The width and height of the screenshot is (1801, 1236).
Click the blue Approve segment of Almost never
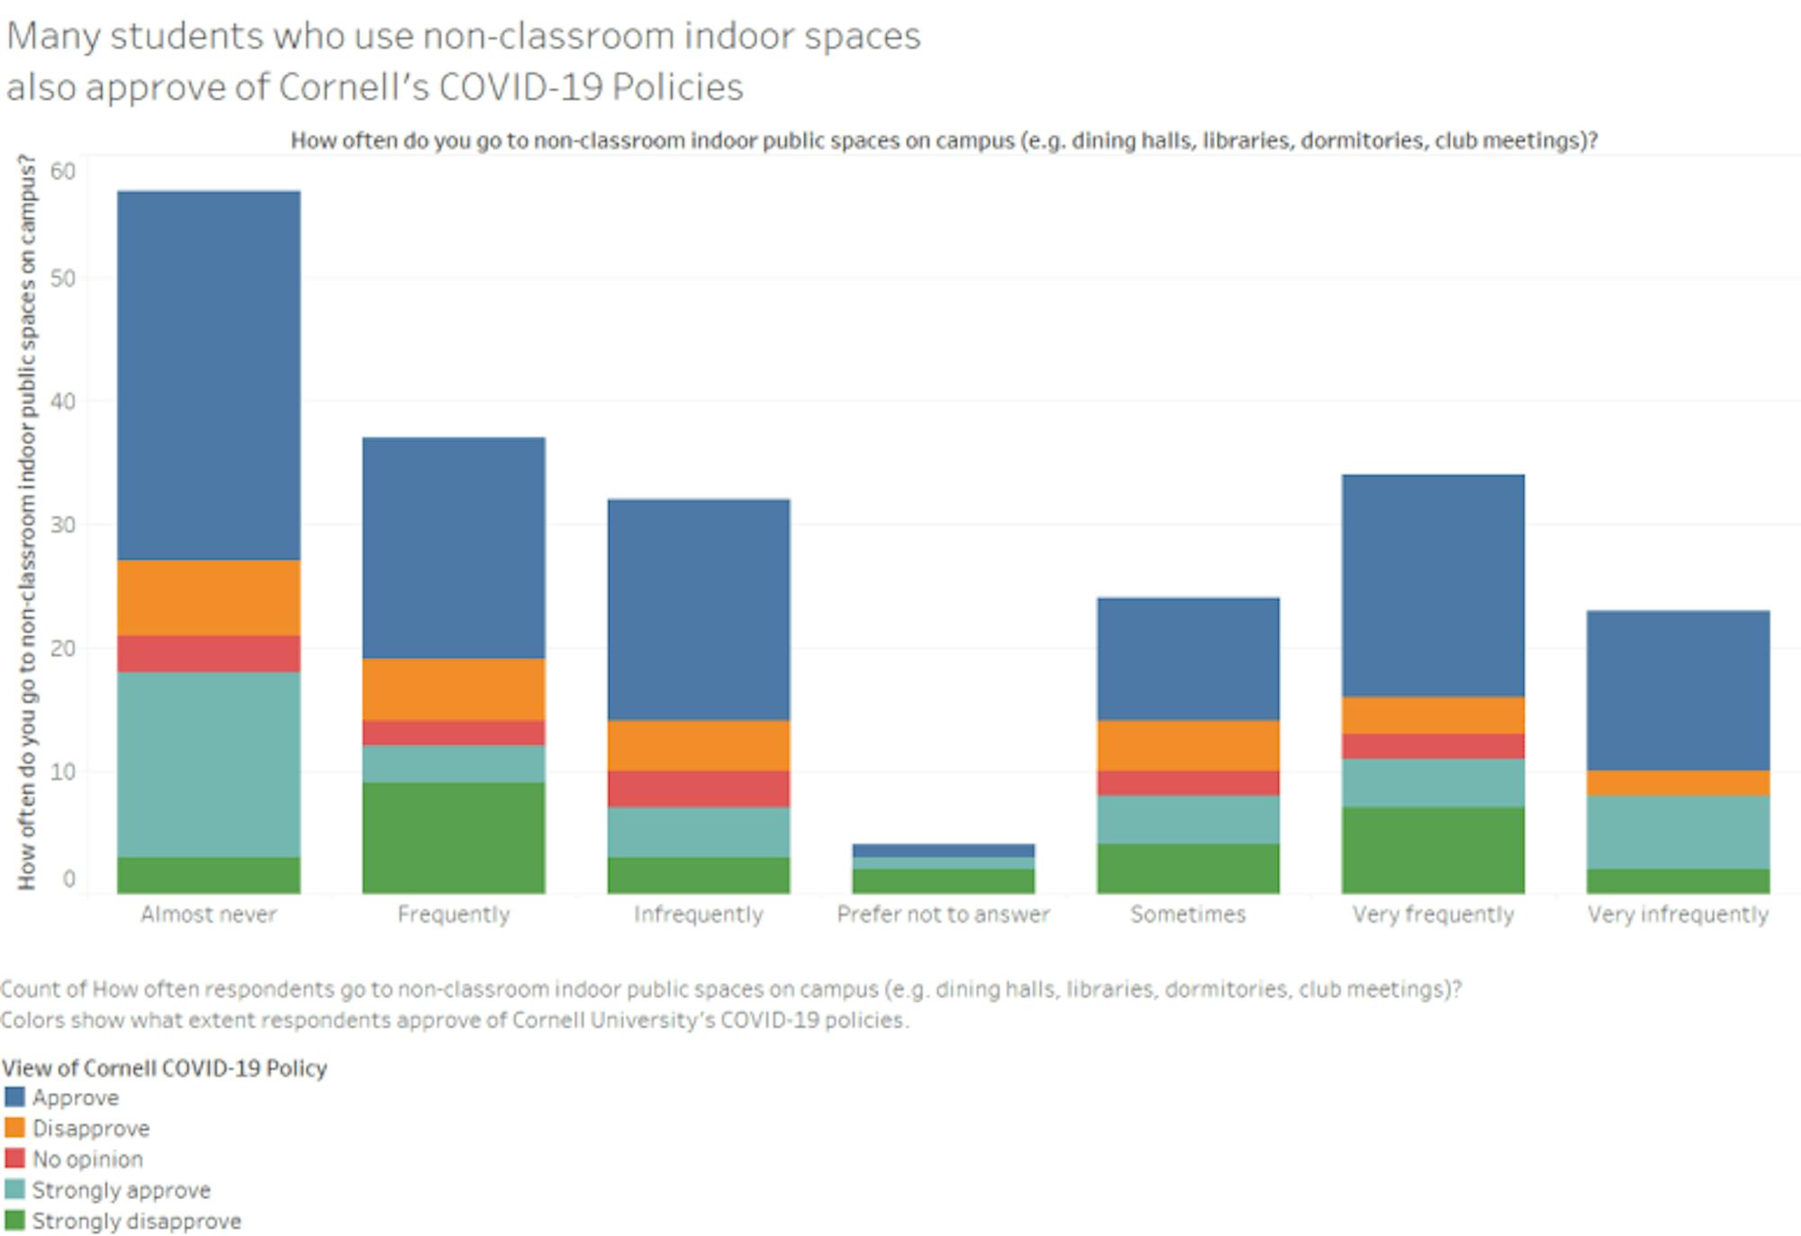209,375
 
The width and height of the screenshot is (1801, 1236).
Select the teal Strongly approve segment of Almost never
209,764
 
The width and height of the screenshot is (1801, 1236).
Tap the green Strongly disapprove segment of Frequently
454,838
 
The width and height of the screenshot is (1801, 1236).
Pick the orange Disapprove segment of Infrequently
699,745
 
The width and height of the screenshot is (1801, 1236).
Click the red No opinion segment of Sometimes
1188,783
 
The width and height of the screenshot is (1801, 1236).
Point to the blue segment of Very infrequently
1678,690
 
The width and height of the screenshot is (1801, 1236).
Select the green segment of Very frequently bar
1433,850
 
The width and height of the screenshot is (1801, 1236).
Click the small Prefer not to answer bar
944,868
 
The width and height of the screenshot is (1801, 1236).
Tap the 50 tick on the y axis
63,278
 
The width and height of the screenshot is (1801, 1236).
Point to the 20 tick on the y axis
63,648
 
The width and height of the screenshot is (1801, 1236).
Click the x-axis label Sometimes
1188,914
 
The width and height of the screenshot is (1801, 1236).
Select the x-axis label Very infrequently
1678,914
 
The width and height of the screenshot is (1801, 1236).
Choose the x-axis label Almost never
209,914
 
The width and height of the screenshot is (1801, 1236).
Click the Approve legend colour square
14,1097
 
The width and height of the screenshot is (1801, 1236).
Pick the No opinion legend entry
87,1159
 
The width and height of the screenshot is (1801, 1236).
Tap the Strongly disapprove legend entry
136,1221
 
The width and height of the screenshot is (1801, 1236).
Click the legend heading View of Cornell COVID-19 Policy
164,1068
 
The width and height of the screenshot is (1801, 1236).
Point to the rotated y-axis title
27,523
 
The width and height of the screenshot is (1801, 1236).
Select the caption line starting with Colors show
455,1020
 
